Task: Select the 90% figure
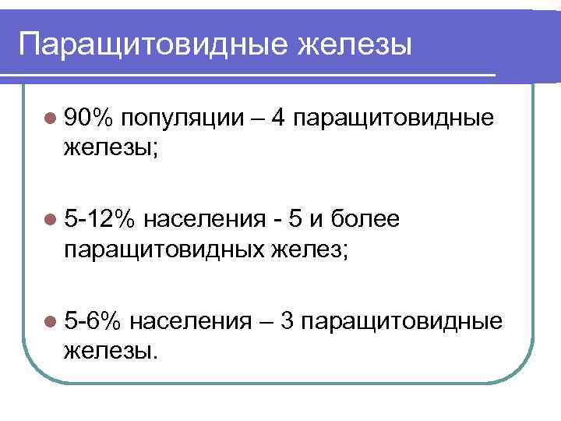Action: [x=90, y=118]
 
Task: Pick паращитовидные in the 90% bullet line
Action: [x=396, y=118]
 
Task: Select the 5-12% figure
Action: [x=99, y=220]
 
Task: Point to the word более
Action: [x=366, y=220]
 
